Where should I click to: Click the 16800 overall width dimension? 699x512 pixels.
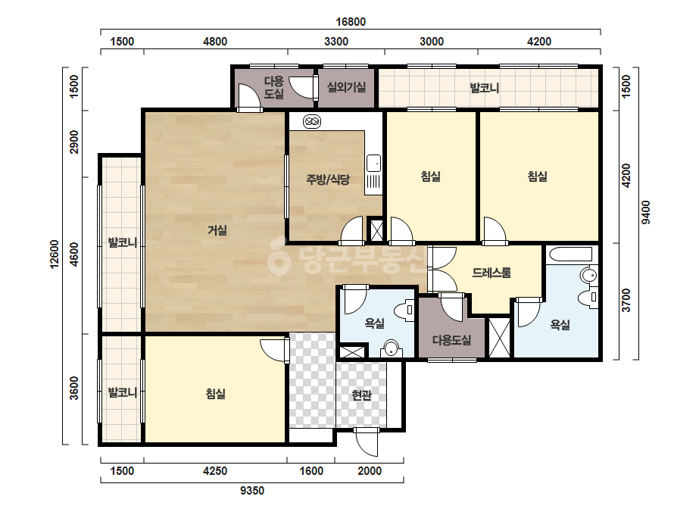tap(351, 22)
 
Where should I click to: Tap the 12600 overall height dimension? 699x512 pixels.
tap(55, 254)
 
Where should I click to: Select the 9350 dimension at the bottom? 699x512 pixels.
tap(252, 491)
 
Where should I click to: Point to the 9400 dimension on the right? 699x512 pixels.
tap(645, 213)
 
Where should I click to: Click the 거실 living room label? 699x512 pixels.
tap(217, 230)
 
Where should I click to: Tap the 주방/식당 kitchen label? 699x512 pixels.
tap(328, 180)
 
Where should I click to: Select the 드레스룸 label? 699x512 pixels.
tap(491, 273)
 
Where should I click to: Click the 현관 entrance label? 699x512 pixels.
tap(361, 395)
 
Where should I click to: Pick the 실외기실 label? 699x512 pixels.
tap(346, 87)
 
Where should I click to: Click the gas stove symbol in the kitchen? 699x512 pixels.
tap(312, 121)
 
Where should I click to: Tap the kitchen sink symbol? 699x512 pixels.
tap(373, 164)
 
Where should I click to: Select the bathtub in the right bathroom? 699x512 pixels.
tap(571, 254)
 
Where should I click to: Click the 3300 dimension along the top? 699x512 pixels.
tap(336, 42)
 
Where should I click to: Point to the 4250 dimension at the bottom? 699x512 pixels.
tap(215, 471)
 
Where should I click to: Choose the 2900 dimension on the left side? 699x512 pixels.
tap(74, 142)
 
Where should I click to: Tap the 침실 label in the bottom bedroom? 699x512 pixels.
tap(215, 393)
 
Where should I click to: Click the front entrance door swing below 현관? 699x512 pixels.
tap(367, 442)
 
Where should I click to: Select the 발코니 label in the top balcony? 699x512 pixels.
tap(485, 88)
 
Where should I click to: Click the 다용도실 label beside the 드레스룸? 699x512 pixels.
tap(451, 340)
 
